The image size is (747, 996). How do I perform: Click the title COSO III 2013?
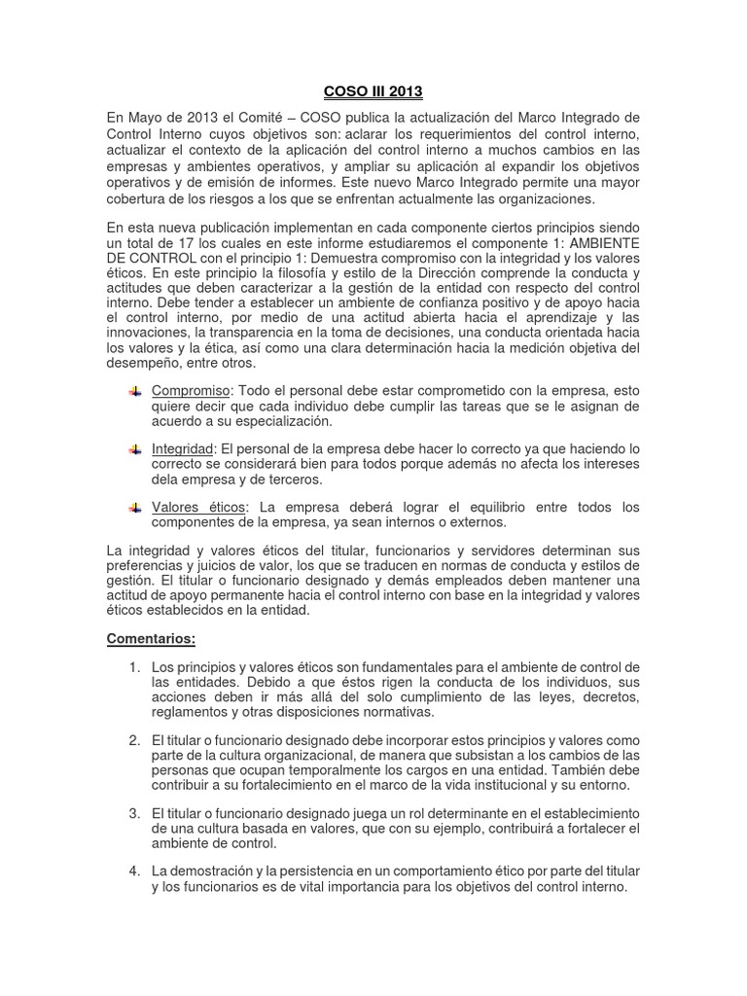pos(373,92)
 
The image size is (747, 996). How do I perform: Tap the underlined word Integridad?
pos(182,449)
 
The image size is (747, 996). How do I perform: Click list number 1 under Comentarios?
pos(133,667)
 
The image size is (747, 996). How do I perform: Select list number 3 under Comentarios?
pos(133,813)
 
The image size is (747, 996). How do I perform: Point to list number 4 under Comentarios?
pos(133,871)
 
